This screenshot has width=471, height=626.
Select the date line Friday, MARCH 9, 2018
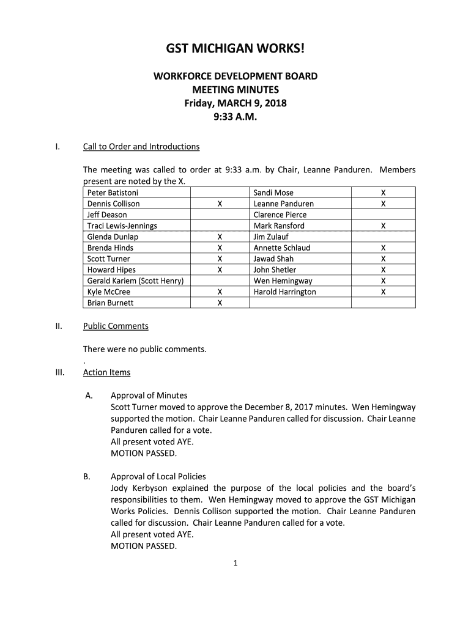236,103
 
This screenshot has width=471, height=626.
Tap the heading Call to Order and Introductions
141,147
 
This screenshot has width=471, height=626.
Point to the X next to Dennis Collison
220,204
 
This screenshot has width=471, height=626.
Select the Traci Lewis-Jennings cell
122,226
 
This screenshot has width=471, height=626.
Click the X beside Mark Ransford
384,226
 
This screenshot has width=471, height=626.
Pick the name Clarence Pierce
280,215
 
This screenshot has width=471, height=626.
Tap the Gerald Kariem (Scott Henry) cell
135,281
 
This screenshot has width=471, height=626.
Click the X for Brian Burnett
220,303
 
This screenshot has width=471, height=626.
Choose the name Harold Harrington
284,292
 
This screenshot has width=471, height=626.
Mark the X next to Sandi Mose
384,193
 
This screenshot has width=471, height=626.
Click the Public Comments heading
116,326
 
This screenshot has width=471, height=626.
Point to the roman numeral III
60,372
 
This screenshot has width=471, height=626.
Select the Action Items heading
106,372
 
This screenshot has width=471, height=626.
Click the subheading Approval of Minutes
149,396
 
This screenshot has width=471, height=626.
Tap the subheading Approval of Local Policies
158,476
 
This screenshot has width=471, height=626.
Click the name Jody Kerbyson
138,488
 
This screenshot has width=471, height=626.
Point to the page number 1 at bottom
235,564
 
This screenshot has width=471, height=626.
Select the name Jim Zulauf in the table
271,237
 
